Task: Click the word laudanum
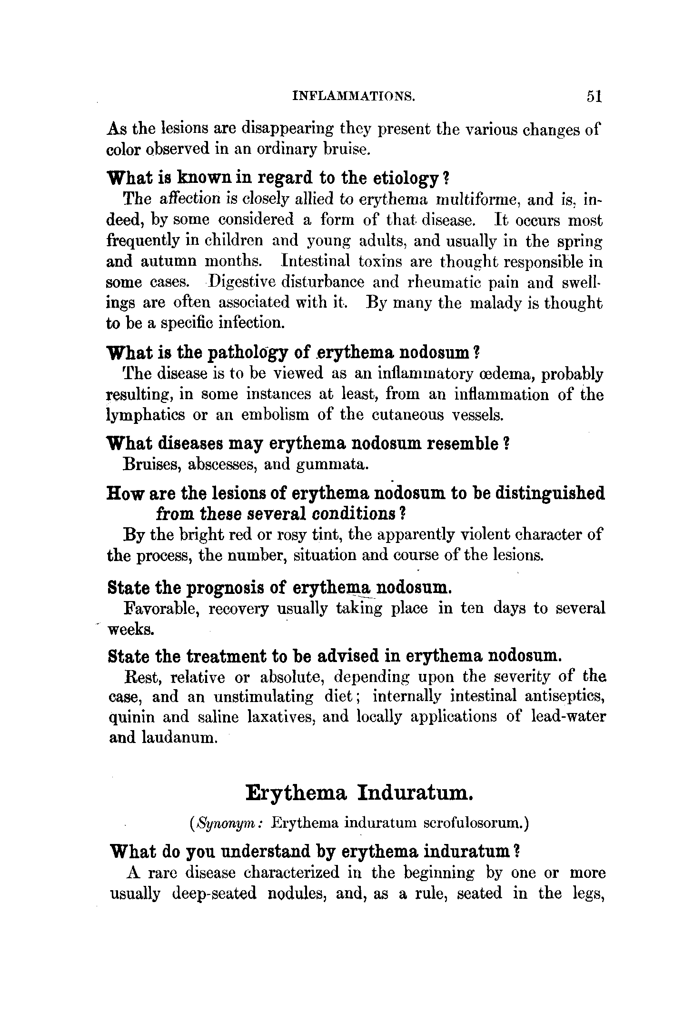pyautogui.click(x=180, y=737)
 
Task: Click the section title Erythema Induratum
pyautogui.click(x=360, y=793)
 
